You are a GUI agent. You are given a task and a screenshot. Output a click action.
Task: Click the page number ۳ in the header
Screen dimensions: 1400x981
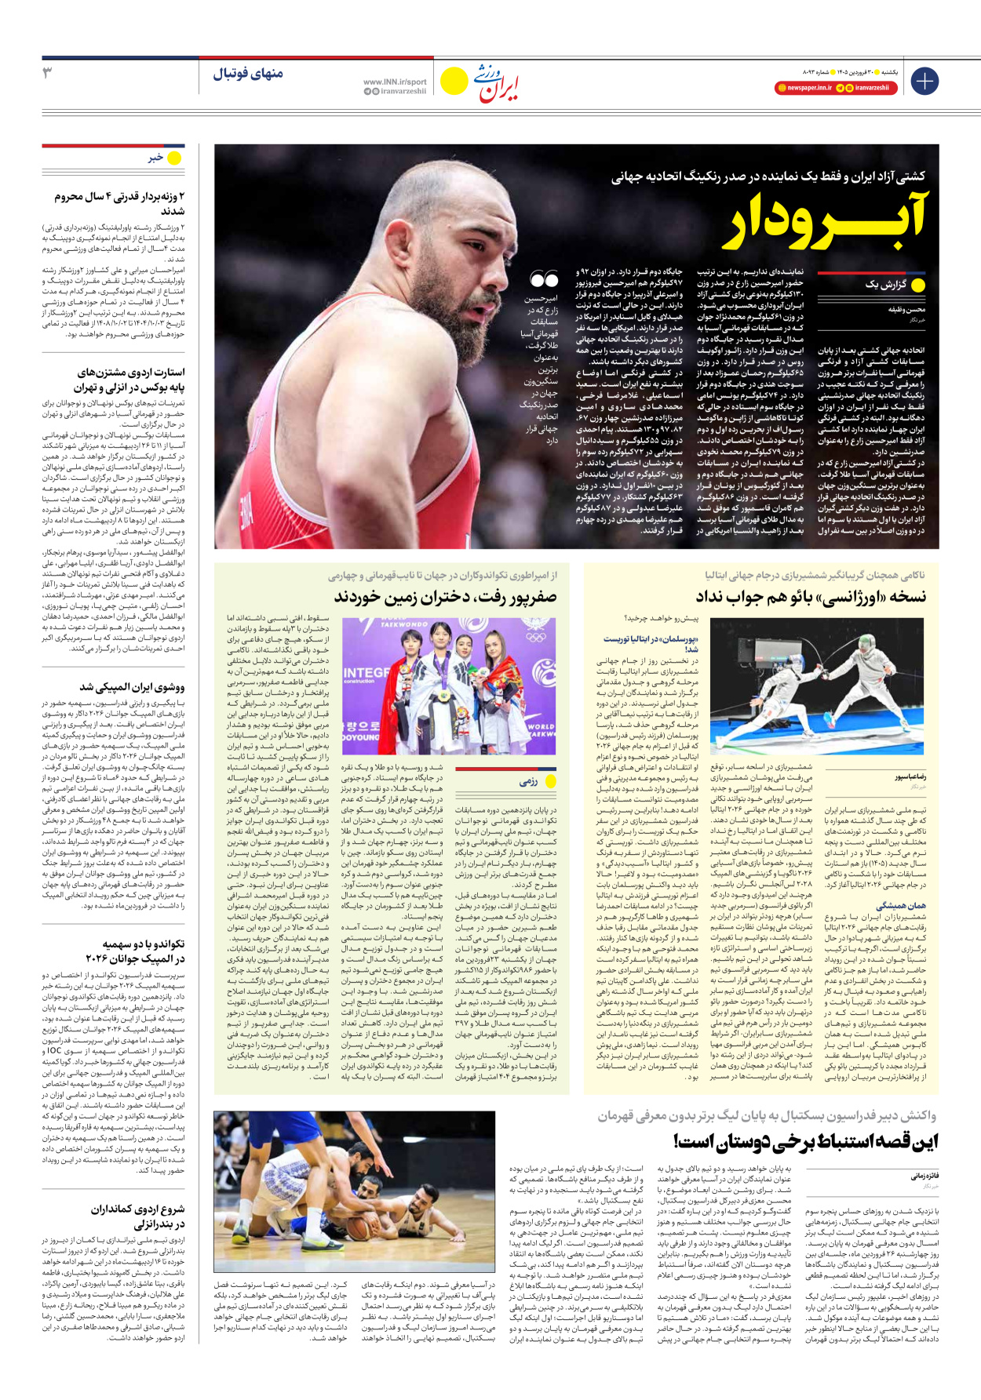pyautogui.click(x=47, y=74)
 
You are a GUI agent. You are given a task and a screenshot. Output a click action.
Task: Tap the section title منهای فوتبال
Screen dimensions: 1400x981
pyautogui.click(x=248, y=75)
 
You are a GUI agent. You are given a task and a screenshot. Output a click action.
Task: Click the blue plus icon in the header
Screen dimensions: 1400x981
pyautogui.click(x=924, y=81)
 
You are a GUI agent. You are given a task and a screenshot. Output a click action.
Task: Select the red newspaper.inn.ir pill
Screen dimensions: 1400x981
pyautogui.click(x=803, y=88)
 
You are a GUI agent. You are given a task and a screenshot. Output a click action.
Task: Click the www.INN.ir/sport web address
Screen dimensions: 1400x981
pyautogui.click(x=395, y=82)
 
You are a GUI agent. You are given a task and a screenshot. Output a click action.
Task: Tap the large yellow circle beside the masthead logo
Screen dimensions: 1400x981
pyautogui.click(x=454, y=81)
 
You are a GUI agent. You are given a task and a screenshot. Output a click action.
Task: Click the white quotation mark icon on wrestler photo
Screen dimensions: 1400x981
pyautogui.click(x=543, y=278)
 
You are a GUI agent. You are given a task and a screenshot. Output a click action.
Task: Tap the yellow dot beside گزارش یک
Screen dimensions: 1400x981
pyautogui.click(x=918, y=285)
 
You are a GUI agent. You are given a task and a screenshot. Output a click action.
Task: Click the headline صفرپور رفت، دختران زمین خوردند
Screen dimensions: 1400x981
pyautogui.click(x=445, y=598)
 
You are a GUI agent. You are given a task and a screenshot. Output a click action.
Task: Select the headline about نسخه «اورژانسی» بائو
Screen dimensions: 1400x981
pyautogui.click(x=811, y=598)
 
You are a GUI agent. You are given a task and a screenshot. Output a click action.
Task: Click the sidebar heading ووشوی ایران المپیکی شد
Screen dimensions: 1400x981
pyautogui.click(x=132, y=687)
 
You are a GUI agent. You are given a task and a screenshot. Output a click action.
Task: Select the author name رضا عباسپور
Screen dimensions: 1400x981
pyautogui.click(x=910, y=776)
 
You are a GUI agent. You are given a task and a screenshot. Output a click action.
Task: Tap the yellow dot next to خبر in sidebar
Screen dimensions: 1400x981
pyautogui.click(x=174, y=158)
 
